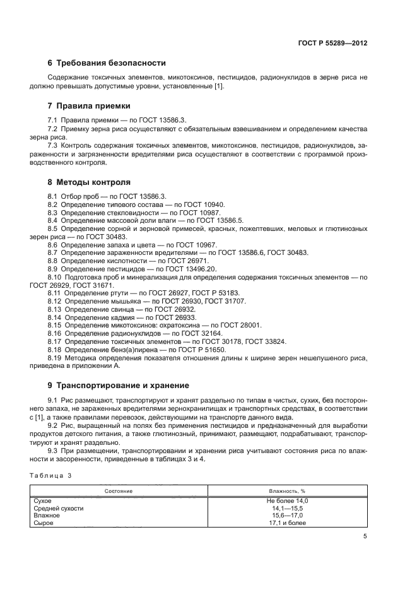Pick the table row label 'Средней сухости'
59,508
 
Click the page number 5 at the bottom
365,536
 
